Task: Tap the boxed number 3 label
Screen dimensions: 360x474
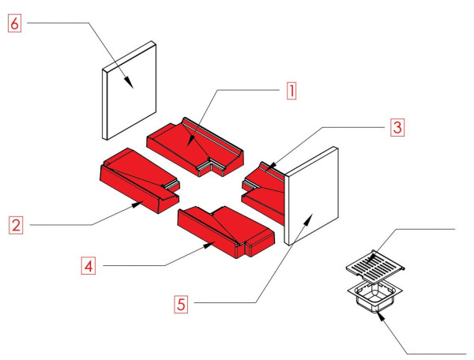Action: coord(397,126)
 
